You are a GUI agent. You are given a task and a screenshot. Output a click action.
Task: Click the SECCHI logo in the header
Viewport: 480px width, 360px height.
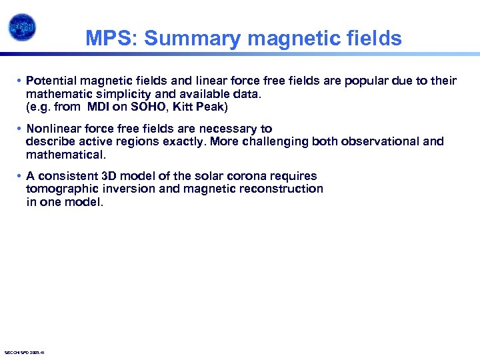[x=22, y=27]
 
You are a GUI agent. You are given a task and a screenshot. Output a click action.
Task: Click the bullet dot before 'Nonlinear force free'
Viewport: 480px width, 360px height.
[x=20, y=129]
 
